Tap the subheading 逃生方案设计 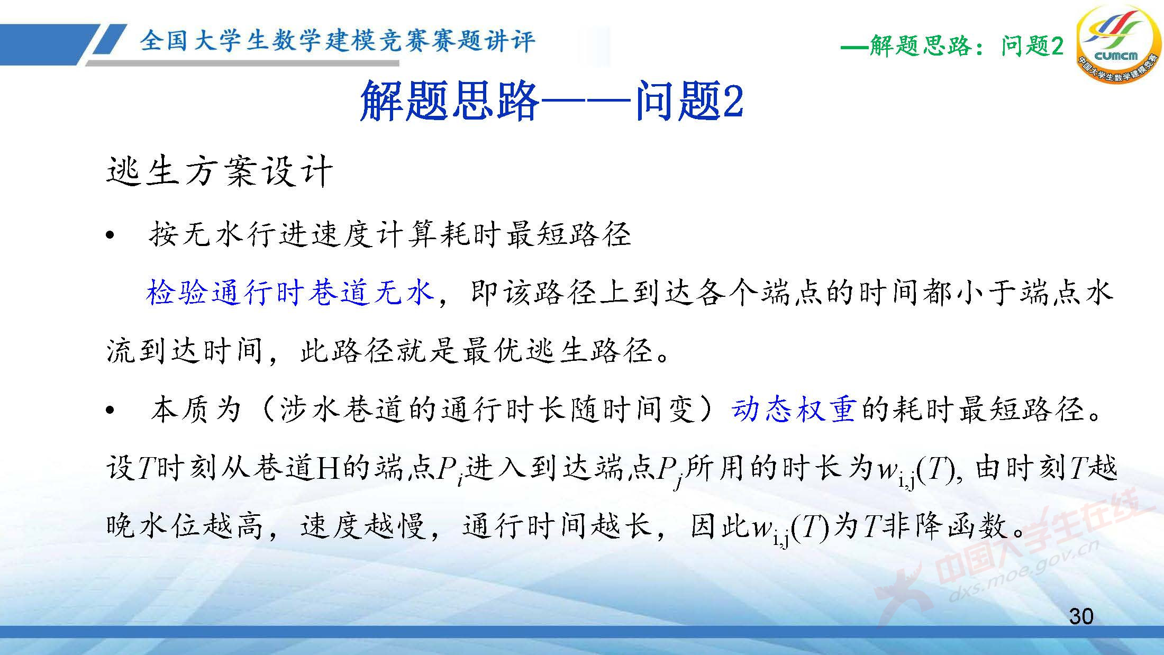pyautogui.click(x=219, y=171)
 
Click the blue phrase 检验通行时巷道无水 pyautogui.click(x=290, y=293)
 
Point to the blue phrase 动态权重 pyautogui.click(x=793, y=409)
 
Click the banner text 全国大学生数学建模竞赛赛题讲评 pyautogui.click(x=338, y=41)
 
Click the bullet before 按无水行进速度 pyautogui.click(x=110, y=236)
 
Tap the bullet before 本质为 pyautogui.click(x=110, y=411)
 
